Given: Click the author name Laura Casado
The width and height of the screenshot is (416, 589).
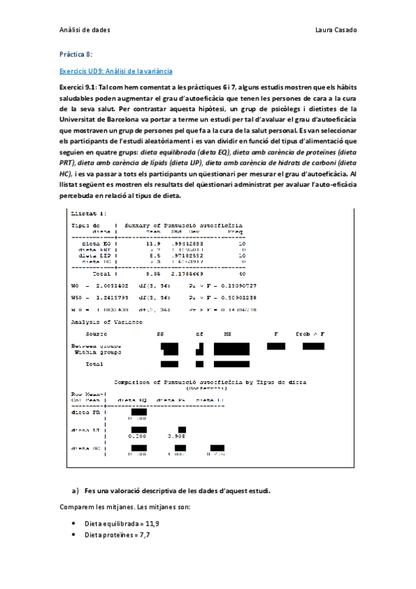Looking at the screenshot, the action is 335,31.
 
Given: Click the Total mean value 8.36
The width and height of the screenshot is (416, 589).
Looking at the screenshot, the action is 153,274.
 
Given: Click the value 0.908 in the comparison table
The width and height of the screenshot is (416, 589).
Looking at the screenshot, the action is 176,435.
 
